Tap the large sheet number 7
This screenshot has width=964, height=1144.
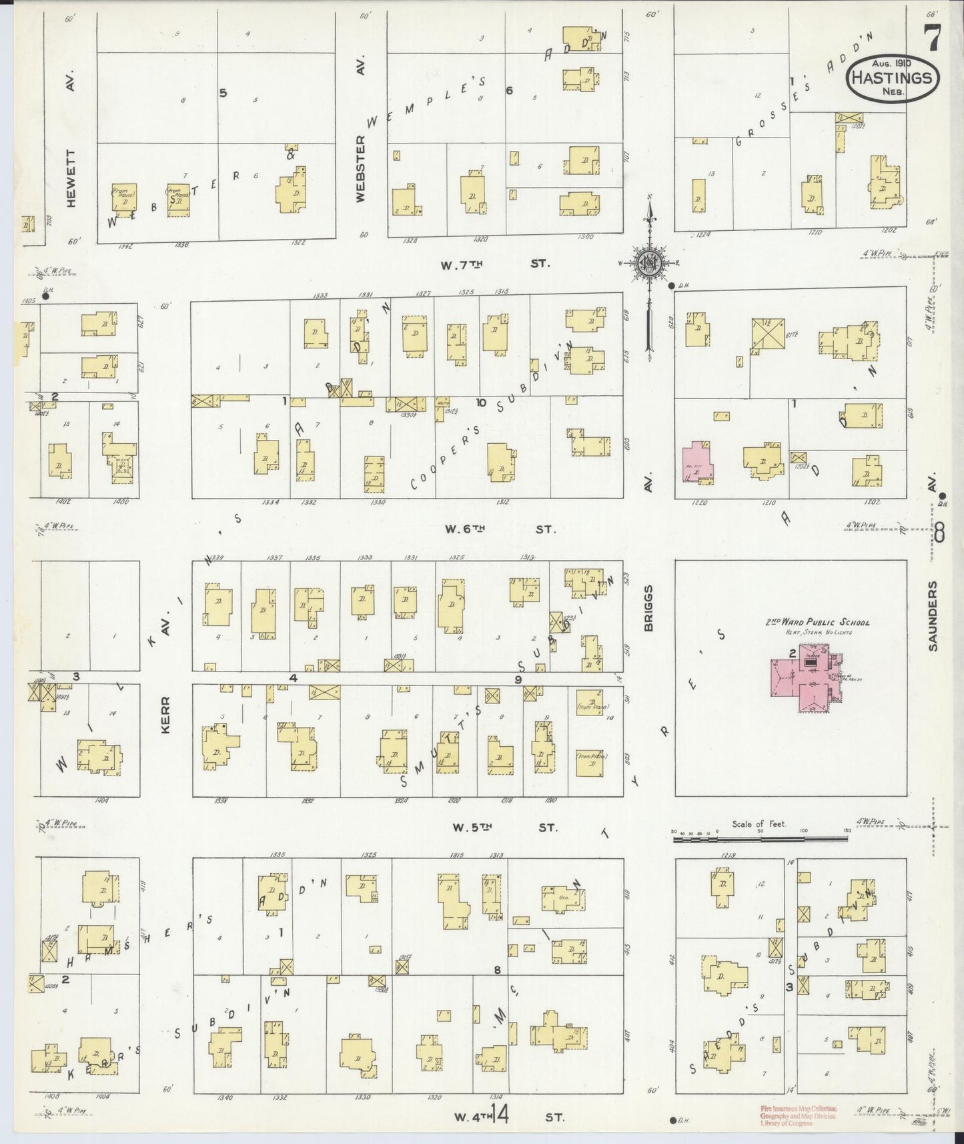tap(931, 37)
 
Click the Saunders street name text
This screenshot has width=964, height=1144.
tap(933, 615)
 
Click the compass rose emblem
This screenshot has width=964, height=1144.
tap(646, 262)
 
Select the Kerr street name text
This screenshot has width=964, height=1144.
tap(166, 716)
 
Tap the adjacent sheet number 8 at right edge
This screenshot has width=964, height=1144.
tap(939, 534)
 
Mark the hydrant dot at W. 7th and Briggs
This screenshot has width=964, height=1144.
tap(670, 286)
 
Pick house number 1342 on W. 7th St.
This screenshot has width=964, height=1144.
tap(125, 245)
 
